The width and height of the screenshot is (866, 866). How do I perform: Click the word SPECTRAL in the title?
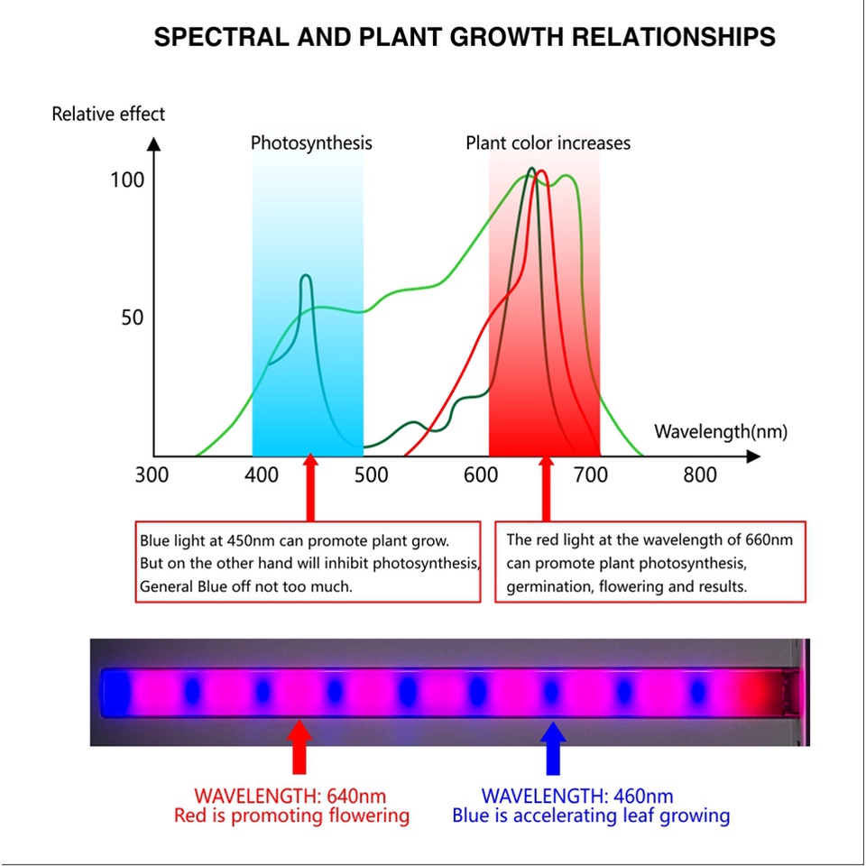[222, 38]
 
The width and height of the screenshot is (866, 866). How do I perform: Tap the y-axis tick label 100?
[127, 180]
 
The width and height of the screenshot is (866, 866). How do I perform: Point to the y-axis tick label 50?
[133, 318]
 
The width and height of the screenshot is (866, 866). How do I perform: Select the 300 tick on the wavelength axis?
[152, 475]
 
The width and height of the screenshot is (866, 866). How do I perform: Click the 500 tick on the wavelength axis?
[371, 475]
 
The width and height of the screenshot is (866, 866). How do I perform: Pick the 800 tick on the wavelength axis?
[700, 475]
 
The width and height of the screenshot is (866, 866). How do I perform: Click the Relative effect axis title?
[108, 115]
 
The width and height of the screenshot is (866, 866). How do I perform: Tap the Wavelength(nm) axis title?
[721, 431]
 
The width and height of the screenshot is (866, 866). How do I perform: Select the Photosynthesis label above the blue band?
[311, 143]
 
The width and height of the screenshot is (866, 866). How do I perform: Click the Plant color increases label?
[548, 143]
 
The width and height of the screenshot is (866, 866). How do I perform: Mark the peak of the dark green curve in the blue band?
[306, 275]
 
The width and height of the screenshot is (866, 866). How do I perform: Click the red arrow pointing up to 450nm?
[310, 487]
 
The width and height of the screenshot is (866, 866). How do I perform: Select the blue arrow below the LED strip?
[553, 749]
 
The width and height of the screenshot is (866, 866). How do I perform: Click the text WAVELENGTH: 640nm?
[290, 797]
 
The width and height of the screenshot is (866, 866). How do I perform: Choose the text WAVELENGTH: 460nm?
[577, 797]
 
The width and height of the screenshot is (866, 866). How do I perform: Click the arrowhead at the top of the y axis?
[154, 143]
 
